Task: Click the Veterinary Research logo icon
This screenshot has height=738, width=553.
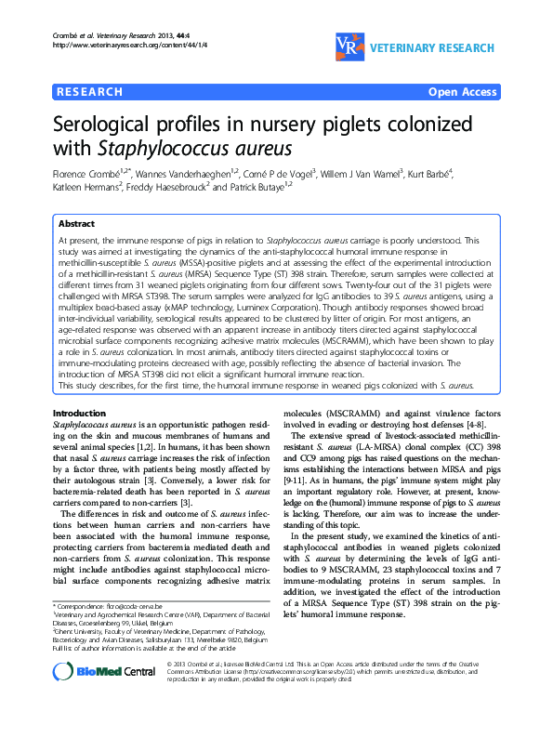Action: coord(344,47)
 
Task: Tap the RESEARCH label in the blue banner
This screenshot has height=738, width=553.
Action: coord(90,92)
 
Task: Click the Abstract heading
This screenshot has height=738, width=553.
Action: coord(76,224)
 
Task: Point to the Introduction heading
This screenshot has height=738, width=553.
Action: coord(80,412)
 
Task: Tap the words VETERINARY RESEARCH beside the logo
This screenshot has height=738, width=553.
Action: coord(438,46)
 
